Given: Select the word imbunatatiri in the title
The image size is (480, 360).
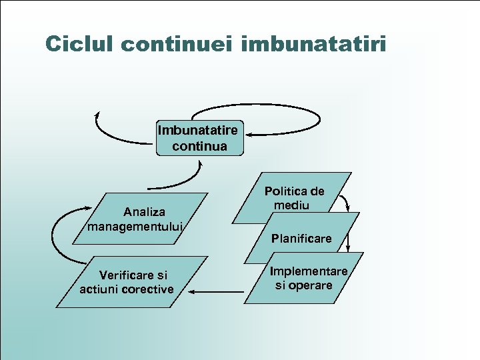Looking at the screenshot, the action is coord(314,44).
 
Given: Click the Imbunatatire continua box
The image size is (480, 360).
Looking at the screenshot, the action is coord(199,138).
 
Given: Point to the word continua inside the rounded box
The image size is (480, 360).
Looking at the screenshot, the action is coord(199,145).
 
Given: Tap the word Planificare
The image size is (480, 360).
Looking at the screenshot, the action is coord(301,238).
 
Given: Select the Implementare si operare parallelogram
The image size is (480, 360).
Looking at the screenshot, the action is coord(307,278).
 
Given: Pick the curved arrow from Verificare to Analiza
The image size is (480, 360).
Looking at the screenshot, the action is coord(61,237).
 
